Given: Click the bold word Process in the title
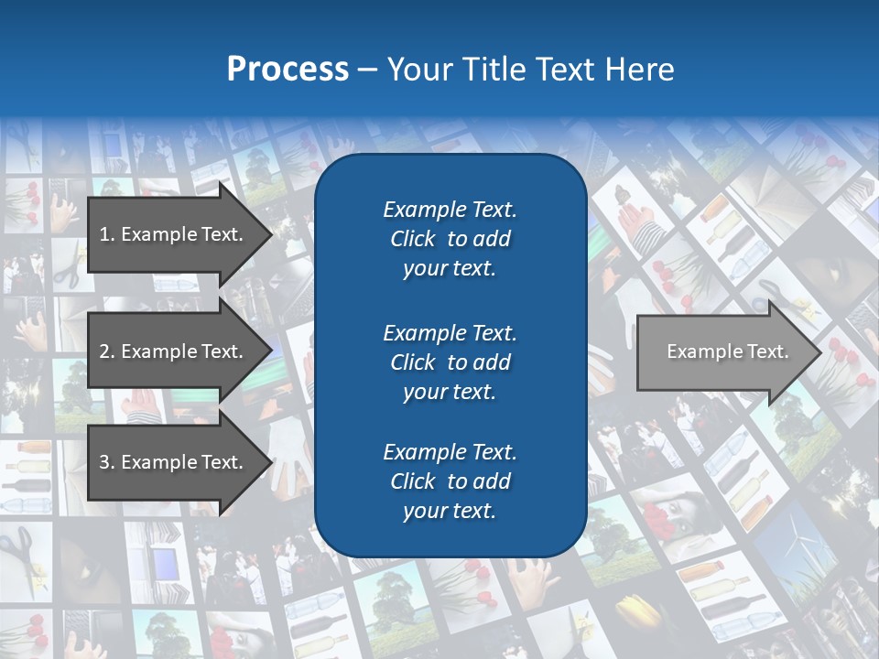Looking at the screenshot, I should tap(288, 69).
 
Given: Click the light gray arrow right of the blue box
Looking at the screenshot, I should tap(723, 352).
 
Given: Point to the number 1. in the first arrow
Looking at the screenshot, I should tap(107, 234).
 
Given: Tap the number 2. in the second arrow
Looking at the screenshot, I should tap(107, 351).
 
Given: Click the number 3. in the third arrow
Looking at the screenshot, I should tap(107, 462).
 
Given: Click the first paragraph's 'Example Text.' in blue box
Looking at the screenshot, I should tap(450, 210).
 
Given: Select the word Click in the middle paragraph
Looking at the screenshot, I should tap(412, 362).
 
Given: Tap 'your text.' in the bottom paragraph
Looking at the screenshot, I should tap(450, 511).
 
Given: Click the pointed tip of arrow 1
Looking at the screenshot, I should tap(269, 234).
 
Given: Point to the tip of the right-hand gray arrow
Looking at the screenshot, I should tap(819, 352).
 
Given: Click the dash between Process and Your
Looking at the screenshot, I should tap(367, 70).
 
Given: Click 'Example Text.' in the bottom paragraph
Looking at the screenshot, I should tap(450, 452).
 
